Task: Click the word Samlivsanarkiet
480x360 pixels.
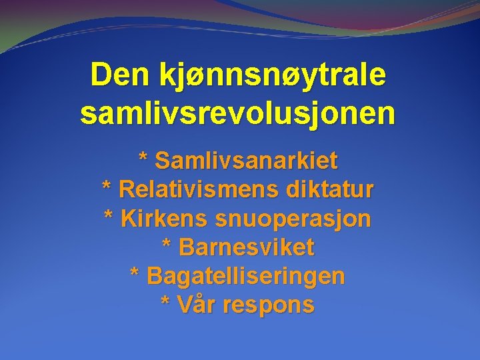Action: (246, 161)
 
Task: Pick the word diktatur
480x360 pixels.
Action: (330, 190)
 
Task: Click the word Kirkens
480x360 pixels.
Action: (165, 219)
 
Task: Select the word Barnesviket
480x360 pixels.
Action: (246, 248)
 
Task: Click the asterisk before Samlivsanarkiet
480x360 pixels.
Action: (143, 158)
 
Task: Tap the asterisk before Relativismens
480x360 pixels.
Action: (107, 187)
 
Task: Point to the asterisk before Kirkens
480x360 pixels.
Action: (110, 215)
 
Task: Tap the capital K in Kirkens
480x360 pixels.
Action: (129, 219)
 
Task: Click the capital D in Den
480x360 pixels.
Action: (100, 75)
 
